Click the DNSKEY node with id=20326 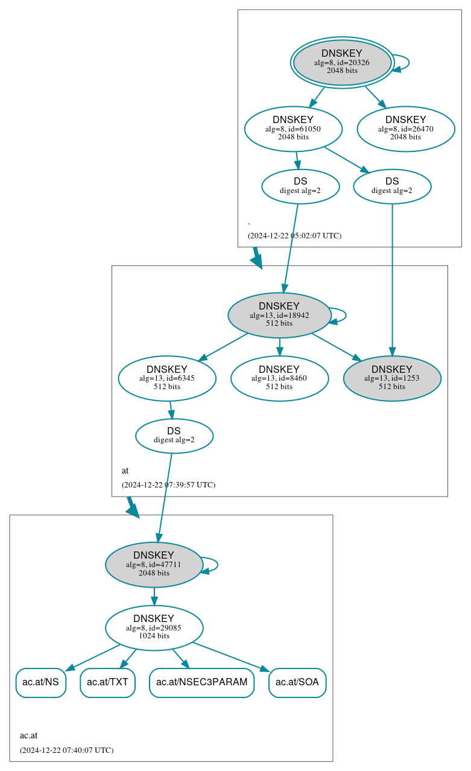(x=342, y=62)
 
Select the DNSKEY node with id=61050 (x=293, y=128)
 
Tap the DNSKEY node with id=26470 (x=405, y=128)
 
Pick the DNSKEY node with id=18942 (x=279, y=315)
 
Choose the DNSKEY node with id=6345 (x=167, y=378)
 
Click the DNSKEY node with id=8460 (x=279, y=378)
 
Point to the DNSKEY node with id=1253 (x=392, y=378)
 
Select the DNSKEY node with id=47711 (x=154, y=565)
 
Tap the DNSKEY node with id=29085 (x=154, y=628)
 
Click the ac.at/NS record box (x=40, y=682)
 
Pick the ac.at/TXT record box (x=107, y=682)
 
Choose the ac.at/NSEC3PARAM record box (x=201, y=682)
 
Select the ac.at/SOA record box (x=297, y=682)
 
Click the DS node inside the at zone (x=174, y=436)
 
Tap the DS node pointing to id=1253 (x=392, y=186)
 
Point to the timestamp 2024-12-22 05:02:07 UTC (x=294, y=235)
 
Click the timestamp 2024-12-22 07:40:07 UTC (x=66, y=750)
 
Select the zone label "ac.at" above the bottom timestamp (x=28, y=735)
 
